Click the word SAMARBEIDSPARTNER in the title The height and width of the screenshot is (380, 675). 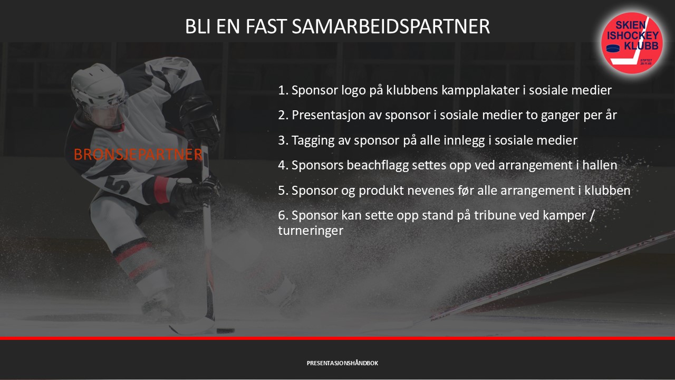pyautogui.click(x=391, y=26)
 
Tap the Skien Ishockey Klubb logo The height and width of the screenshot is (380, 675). pyautogui.click(x=632, y=43)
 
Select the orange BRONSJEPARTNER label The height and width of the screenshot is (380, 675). pyautogui.click(x=138, y=155)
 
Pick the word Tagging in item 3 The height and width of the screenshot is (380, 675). pyautogui.click(x=313, y=140)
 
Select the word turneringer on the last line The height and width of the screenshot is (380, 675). pyautogui.click(x=311, y=231)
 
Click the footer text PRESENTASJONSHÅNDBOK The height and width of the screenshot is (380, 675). pyautogui.click(x=342, y=363)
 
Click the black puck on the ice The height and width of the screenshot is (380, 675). pyautogui.click(x=225, y=331)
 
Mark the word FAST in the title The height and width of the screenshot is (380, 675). pyautogui.click(x=266, y=26)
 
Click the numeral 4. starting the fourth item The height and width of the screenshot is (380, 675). pyautogui.click(x=283, y=165)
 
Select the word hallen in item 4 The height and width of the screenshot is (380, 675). pyautogui.click(x=600, y=165)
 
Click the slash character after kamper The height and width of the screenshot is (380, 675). pyautogui.click(x=592, y=216)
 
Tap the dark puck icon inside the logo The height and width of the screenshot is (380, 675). pyautogui.click(x=613, y=48)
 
